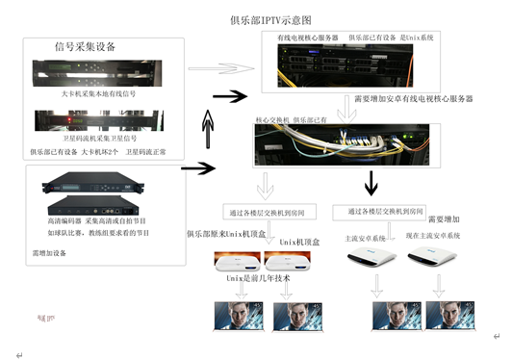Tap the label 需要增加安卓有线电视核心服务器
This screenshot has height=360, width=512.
tap(414, 99)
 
